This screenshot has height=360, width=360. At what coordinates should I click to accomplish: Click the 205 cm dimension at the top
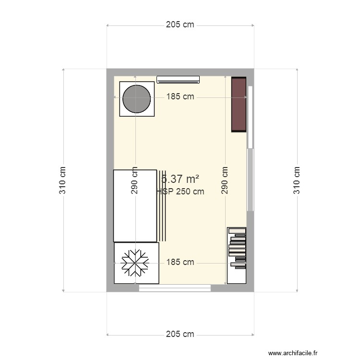tap(180, 25)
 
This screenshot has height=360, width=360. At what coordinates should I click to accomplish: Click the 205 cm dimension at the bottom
tap(180, 334)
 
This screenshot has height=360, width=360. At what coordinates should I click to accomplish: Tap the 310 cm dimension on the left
tap(63, 180)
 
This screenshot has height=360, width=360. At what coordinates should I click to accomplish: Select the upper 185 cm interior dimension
tap(180, 96)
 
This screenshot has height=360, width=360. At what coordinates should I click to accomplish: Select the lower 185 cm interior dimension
tap(180, 262)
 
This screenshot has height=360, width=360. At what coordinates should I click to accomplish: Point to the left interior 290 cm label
tap(135, 180)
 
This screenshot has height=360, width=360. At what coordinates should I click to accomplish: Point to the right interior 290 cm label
tap(225, 180)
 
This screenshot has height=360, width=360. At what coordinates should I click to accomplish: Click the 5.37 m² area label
tap(180, 179)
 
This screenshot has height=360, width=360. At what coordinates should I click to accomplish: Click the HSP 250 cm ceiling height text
tap(181, 192)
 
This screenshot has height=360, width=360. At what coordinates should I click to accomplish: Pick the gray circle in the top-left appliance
tap(137, 98)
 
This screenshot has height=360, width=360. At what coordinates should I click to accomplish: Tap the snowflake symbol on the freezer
tap(134, 263)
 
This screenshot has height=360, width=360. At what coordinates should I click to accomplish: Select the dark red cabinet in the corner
tap(239, 104)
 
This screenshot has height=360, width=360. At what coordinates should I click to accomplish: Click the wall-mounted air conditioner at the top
tap(178, 79)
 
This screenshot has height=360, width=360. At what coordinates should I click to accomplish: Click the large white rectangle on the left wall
tap(135, 205)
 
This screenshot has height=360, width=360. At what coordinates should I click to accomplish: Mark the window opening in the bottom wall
tap(175, 288)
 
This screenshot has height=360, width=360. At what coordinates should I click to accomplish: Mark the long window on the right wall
tap(250, 149)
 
